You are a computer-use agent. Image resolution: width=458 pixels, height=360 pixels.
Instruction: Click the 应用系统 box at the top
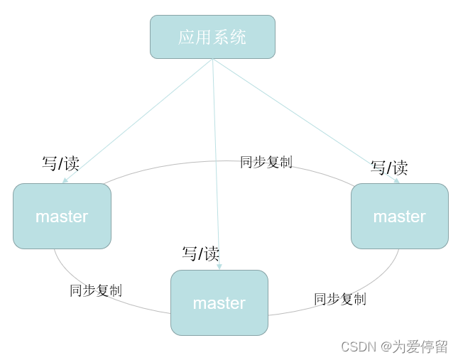coord(212,37)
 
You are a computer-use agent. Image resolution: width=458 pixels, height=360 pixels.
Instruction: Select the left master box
coord(62,216)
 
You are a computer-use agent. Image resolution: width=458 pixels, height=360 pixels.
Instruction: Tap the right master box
coord(400,216)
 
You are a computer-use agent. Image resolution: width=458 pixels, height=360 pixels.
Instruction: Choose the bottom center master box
coord(219,302)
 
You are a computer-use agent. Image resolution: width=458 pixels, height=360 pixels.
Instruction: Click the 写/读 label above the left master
coord(60,163)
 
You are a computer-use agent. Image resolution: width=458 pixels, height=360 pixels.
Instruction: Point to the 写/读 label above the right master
coord(389,168)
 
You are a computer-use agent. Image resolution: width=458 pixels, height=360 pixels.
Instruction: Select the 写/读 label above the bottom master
coord(201,253)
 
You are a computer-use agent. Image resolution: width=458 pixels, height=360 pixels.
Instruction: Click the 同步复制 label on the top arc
coord(266,162)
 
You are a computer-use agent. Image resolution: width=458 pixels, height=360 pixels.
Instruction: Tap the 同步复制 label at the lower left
coord(96,290)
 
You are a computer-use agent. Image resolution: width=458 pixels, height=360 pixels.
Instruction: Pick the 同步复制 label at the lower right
coord(340,299)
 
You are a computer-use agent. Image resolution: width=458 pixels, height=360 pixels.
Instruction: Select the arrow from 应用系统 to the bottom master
coord(216,163)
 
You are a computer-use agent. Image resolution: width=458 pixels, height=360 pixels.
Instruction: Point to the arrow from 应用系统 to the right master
coord(305,121)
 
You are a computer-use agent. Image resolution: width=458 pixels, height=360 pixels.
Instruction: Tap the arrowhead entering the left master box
coord(65,181)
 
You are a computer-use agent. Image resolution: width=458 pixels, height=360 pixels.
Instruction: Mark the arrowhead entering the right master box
coord(397,181)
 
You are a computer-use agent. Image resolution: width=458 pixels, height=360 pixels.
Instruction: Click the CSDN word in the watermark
coord(358,347)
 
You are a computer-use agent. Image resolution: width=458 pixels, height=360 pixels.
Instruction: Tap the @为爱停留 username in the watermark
coord(414,347)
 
